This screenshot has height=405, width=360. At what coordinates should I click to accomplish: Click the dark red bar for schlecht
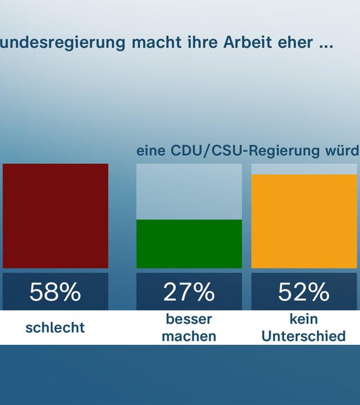pos(55,216)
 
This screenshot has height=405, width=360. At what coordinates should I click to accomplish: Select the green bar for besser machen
pos(189,244)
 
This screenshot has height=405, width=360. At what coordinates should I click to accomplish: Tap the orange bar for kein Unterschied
pos(304,221)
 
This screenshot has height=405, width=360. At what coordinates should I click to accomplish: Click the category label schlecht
pos(55,327)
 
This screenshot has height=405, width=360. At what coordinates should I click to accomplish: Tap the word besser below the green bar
pos(189,319)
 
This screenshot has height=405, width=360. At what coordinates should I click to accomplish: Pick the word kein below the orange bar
pos(304,319)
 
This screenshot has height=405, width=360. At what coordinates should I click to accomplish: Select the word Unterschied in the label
pos(304,336)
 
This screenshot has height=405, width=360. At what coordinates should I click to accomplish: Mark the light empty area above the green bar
pos(189,191)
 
